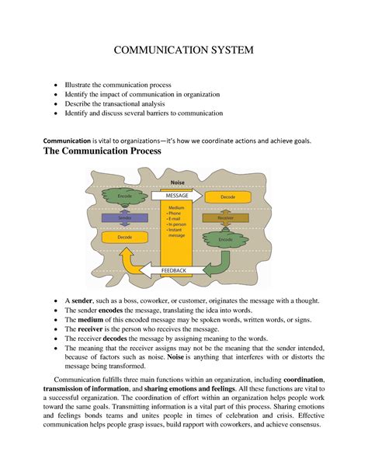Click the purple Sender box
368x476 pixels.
click(x=125, y=219)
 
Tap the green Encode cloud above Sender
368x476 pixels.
click(x=125, y=198)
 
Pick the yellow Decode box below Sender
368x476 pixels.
click(x=125, y=237)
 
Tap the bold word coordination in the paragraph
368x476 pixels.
click(x=304, y=378)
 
